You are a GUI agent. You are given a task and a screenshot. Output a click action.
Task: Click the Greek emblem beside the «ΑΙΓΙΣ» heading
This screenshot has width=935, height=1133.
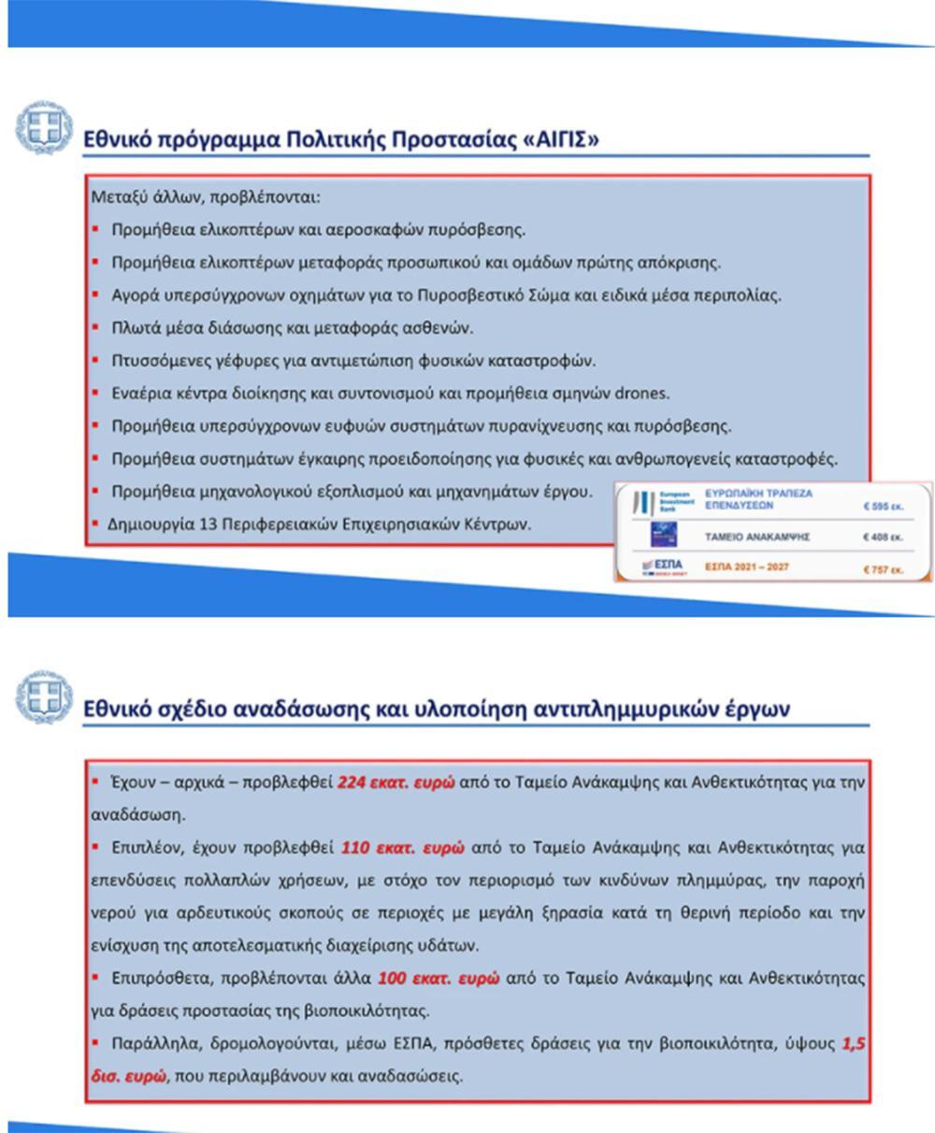[x=43, y=127]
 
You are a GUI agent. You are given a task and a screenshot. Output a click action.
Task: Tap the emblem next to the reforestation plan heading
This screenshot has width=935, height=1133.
[x=43, y=696]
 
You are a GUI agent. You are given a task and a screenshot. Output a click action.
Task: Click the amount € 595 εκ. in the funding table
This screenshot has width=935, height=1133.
[x=883, y=507]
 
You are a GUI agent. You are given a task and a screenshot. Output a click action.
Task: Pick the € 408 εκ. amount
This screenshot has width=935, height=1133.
[x=883, y=538]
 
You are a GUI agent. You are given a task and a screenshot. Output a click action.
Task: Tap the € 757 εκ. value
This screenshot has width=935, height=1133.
[x=883, y=569]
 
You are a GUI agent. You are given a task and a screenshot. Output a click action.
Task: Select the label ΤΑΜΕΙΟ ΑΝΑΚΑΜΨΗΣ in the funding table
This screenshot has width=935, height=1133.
[x=757, y=538]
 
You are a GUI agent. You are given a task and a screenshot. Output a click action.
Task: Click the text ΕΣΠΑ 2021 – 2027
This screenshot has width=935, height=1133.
[x=746, y=567]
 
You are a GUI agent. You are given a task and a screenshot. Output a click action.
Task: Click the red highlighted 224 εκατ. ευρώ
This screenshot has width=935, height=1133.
[x=396, y=782]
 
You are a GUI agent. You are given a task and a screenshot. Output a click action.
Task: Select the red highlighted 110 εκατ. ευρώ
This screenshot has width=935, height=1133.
[x=402, y=848]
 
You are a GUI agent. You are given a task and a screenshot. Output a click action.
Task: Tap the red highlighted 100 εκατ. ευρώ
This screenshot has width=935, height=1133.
[x=438, y=979]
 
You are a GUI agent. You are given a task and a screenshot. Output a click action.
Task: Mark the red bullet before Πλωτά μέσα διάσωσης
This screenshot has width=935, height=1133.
[x=95, y=327]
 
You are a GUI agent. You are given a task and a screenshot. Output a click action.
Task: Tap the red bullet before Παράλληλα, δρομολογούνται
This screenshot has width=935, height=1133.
[x=95, y=1042]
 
